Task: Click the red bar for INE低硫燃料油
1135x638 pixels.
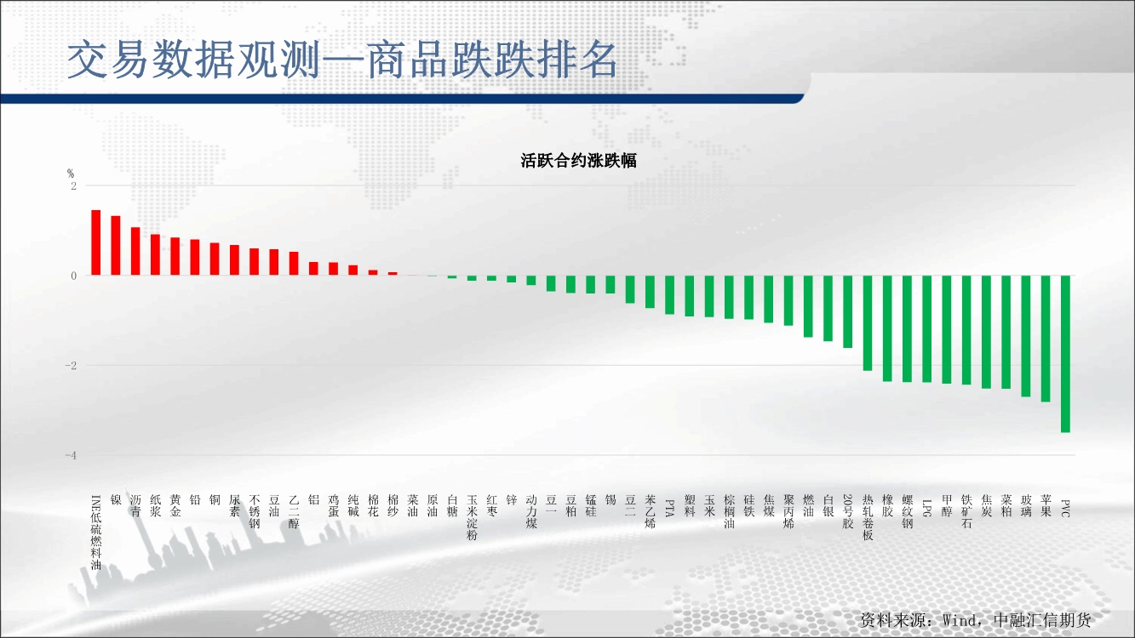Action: pyautogui.click(x=95, y=242)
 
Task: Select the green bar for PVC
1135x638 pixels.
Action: pyautogui.click(x=1065, y=354)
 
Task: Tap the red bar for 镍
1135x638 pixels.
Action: pyautogui.click(x=116, y=246)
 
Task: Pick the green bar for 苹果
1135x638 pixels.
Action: pyautogui.click(x=1046, y=339)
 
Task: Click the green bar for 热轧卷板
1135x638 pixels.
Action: pyautogui.click(x=868, y=323)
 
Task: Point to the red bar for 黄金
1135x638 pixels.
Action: pyautogui.click(x=175, y=256)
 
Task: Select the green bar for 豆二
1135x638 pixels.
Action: pyautogui.click(x=630, y=289)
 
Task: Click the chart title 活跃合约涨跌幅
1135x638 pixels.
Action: pyautogui.click(x=578, y=161)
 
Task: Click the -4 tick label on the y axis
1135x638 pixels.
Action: pyautogui.click(x=71, y=455)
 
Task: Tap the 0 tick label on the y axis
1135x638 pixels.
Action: pyautogui.click(x=74, y=276)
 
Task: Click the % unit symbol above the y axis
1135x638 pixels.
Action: pyautogui.click(x=71, y=174)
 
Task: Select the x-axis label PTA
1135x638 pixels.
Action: pyautogui.click(x=669, y=508)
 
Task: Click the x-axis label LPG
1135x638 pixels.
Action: pyautogui.click(x=926, y=508)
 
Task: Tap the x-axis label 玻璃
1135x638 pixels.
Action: pyautogui.click(x=1026, y=505)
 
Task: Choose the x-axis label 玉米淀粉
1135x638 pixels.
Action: pyautogui.click(x=472, y=517)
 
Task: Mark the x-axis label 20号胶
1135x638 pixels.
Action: pyautogui.click(x=848, y=511)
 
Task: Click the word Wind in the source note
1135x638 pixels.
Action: pyautogui.click(x=960, y=620)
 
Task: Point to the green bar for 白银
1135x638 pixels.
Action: pyautogui.click(x=828, y=308)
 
